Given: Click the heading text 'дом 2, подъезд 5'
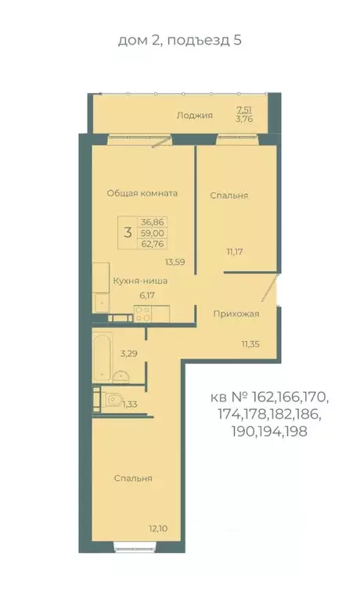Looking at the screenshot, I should pyautogui.click(x=179, y=41).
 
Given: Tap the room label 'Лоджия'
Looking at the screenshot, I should pyautogui.click(x=194, y=116).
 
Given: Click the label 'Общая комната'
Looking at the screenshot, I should pyautogui.click(x=142, y=193).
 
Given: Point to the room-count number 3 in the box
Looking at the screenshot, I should pyautogui.click(x=127, y=232).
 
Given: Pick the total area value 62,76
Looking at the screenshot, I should pyautogui.click(x=152, y=243).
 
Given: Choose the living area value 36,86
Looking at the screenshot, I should pyautogui.click(x=152, y=222).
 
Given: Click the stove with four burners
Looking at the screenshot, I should pyautogui.click(x=142, y=314).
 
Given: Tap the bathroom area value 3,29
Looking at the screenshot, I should pyautogui.click(x=130, y=354).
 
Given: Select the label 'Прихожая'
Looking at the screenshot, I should pyautogui.click(x=236, y=314).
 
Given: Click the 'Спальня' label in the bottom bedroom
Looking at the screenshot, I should pyautogui.click(x=132, y=479).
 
